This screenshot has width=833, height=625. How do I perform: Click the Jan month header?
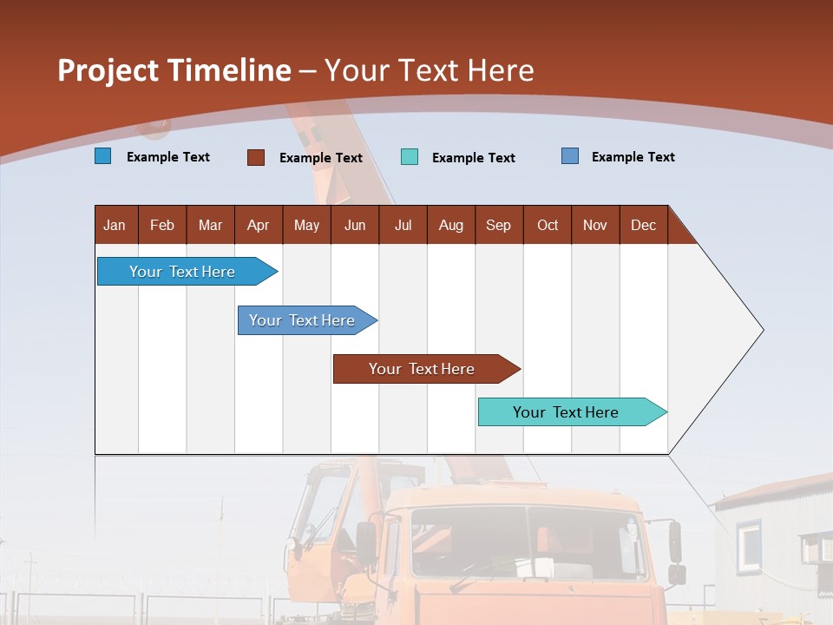[x=115, y=225]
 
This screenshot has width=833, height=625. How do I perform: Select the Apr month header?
[x=258, y=225]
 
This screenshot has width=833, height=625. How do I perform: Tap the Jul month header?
[x=403, y=225]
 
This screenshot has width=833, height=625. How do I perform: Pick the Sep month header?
[x=498, y=225]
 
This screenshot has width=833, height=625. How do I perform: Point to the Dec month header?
[x=643, y=225]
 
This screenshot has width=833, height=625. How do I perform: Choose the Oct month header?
[x=548, y=225]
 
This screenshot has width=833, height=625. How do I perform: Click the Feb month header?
[x=162, y=225]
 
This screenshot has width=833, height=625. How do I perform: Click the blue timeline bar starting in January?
[x=182, y=272]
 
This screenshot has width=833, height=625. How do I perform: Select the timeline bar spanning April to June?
[x=302, y=320]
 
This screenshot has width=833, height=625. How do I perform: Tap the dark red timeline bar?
[x=422, y=369]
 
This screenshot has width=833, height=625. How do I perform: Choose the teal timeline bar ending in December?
[x=566, y=412]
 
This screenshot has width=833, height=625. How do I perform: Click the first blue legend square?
[x=103, y=156]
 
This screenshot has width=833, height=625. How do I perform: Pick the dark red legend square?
[x=256, y=157]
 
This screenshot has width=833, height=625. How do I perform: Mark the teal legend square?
[x=410, y=157]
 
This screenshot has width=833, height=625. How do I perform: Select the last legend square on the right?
[x=570, y=156]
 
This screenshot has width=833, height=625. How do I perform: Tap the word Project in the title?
[x=108, y=70]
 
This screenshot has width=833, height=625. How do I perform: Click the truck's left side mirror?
[x=366, y=543]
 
